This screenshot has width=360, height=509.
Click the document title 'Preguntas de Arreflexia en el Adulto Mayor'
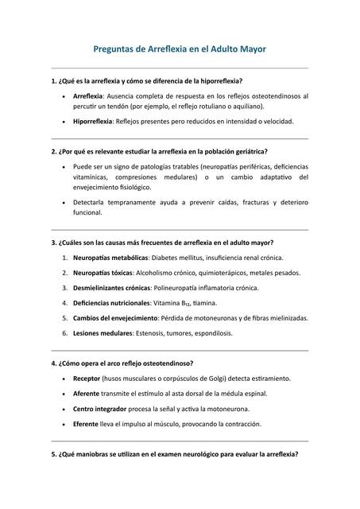tap(180, 49)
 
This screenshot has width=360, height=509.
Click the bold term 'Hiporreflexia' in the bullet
tap(93, 122)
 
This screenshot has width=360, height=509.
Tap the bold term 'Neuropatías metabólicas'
tap(110, 258)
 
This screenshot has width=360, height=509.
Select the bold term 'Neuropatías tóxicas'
tap(101, 273)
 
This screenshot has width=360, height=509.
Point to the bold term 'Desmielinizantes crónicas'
tap(112, 288)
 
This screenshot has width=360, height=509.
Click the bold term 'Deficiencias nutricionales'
tap(111, 303)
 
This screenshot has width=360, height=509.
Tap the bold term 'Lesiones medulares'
tap(102, 333)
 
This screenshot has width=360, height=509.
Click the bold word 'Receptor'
tap(87, 379)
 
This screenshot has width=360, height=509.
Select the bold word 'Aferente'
tap(87, 394)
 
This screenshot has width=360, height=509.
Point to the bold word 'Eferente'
tap(87, 424)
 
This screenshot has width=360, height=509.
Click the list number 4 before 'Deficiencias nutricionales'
tap(64, 303)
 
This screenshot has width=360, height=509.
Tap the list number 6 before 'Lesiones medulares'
tap(64, 333)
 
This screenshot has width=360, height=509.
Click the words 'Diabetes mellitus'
tap(180, 258)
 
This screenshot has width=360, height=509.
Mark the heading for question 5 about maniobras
tap(174, 455)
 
